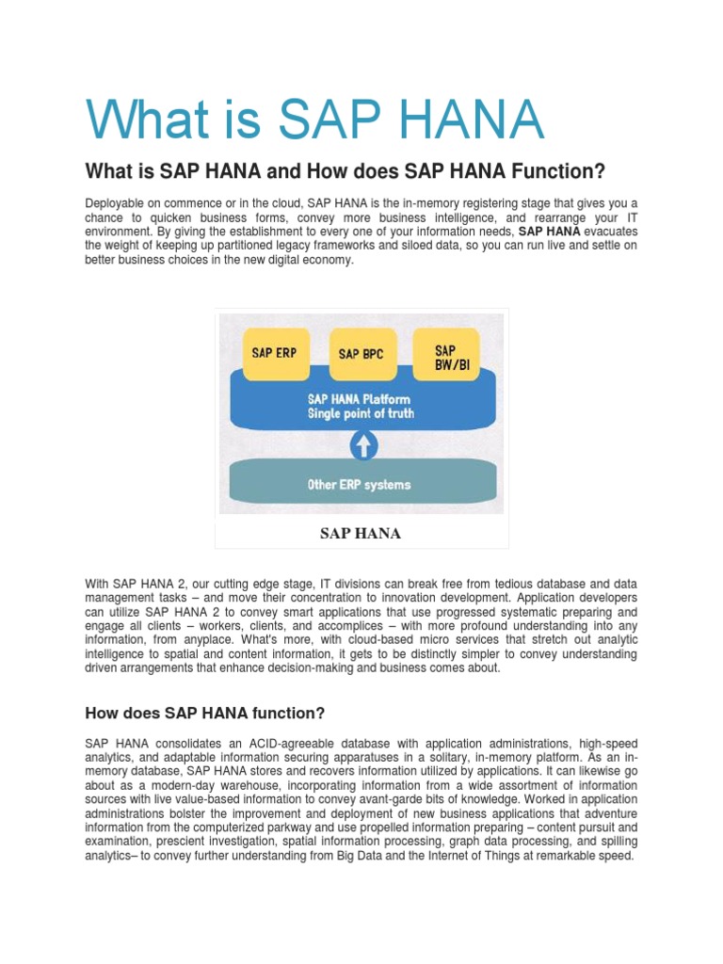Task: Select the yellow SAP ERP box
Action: (274, 353)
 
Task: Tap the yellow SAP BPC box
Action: (361, 354)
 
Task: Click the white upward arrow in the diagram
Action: (361, 443)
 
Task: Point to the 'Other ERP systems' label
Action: (360, 485)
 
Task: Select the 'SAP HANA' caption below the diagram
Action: (361, 534)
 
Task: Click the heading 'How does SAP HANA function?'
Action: (205, 712)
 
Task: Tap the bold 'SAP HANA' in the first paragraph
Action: (550, 232)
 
